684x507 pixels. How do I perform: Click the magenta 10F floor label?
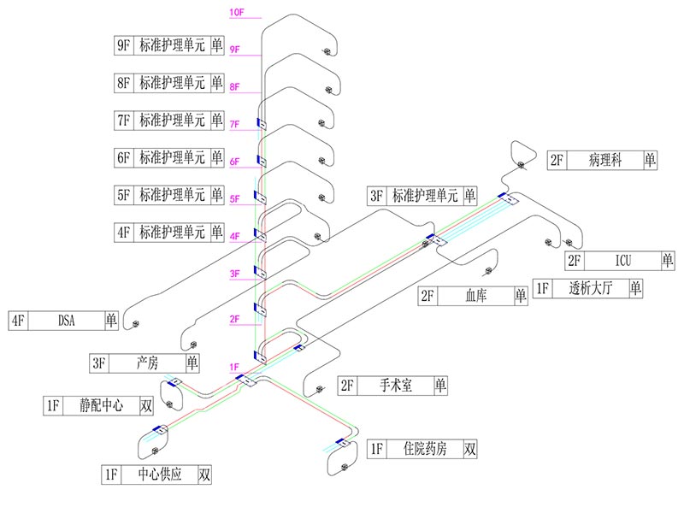237,12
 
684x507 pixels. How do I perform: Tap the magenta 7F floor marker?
236,125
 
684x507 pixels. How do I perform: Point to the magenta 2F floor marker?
235,320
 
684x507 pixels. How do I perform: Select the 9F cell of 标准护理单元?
123,46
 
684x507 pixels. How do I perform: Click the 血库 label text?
476,297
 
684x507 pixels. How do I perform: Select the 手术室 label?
396,386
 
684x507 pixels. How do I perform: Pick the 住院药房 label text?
425,449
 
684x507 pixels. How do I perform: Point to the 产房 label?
148,363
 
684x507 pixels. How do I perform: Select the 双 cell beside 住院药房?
469,449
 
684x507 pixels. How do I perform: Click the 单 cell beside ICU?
667,261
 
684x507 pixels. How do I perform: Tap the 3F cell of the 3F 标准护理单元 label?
377,196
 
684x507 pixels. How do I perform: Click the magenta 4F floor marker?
236,237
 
